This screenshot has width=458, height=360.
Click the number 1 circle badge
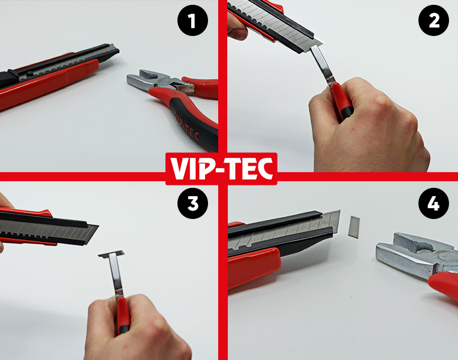[193, 20]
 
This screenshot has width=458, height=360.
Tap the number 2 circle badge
[434, 20]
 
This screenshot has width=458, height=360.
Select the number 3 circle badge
[193, 203]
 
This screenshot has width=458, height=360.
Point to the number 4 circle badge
[434, 203]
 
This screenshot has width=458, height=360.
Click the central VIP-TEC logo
[221, 169]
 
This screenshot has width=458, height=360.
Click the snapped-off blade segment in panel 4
[354, 226]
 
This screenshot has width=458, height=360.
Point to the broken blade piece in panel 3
[112, 254]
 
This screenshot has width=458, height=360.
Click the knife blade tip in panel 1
[117, 50]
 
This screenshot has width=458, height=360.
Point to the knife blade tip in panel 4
[339, 210]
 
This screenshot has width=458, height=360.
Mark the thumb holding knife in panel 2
[237, 27]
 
